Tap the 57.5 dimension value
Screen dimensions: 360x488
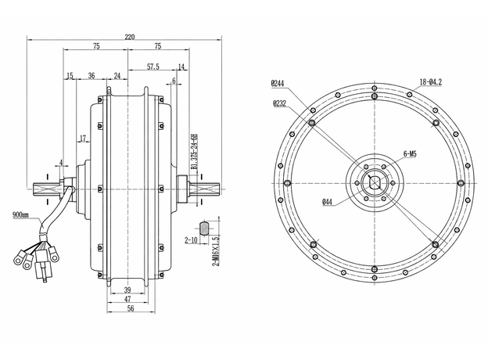point(153,67)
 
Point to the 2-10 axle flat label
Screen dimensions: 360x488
point(190,241)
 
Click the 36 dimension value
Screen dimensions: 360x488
point(91,76)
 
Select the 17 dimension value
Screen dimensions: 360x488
point(81,139)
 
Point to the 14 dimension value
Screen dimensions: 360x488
point(181,67)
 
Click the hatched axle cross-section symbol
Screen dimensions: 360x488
point(205,228)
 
